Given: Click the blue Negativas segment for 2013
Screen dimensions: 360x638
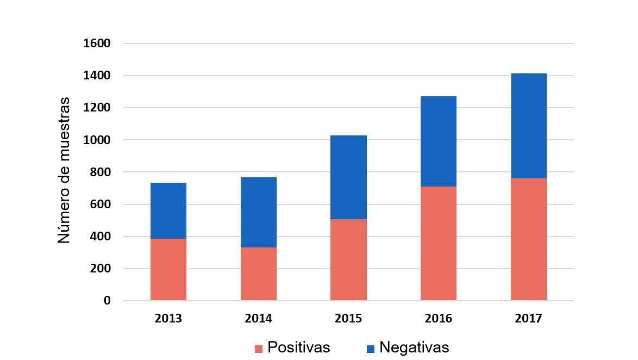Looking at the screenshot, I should (x=168, y=210).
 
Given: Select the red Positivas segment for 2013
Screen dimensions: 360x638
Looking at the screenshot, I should (x=168, y=269).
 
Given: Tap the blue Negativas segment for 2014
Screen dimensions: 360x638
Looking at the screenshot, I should (x=259, y=212).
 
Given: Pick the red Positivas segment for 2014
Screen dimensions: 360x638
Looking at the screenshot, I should (x=259, y=274).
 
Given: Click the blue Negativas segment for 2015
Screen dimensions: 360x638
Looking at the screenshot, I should (x=348, y=177).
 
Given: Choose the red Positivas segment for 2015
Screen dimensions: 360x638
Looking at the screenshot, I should (x=348, y=259).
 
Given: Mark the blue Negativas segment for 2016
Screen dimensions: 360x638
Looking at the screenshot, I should (x=439, y=141).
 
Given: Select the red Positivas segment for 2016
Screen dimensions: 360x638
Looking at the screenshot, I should (x=439, y=243).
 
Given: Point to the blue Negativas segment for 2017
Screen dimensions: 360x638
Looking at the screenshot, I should (x=529, y=126).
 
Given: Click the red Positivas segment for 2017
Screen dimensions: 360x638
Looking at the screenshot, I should (x=529, y=239).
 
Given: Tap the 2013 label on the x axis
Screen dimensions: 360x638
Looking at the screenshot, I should (x=168, y=319).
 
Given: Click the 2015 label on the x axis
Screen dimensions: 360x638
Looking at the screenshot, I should (x=348, y=319).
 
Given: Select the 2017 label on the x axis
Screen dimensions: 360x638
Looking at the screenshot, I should (x=529, y=319).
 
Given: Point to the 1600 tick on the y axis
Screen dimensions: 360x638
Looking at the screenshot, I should (x=97, y=44).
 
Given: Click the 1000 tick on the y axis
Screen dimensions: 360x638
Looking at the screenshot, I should (x=97, y=140).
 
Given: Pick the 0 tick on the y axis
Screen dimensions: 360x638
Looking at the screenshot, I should (x=107, y=301).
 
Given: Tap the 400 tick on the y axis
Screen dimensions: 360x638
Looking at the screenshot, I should (x=100, y=237).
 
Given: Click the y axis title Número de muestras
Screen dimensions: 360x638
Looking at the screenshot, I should (x=64, y=170).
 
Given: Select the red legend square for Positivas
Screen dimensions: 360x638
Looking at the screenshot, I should (x=259, y=349).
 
